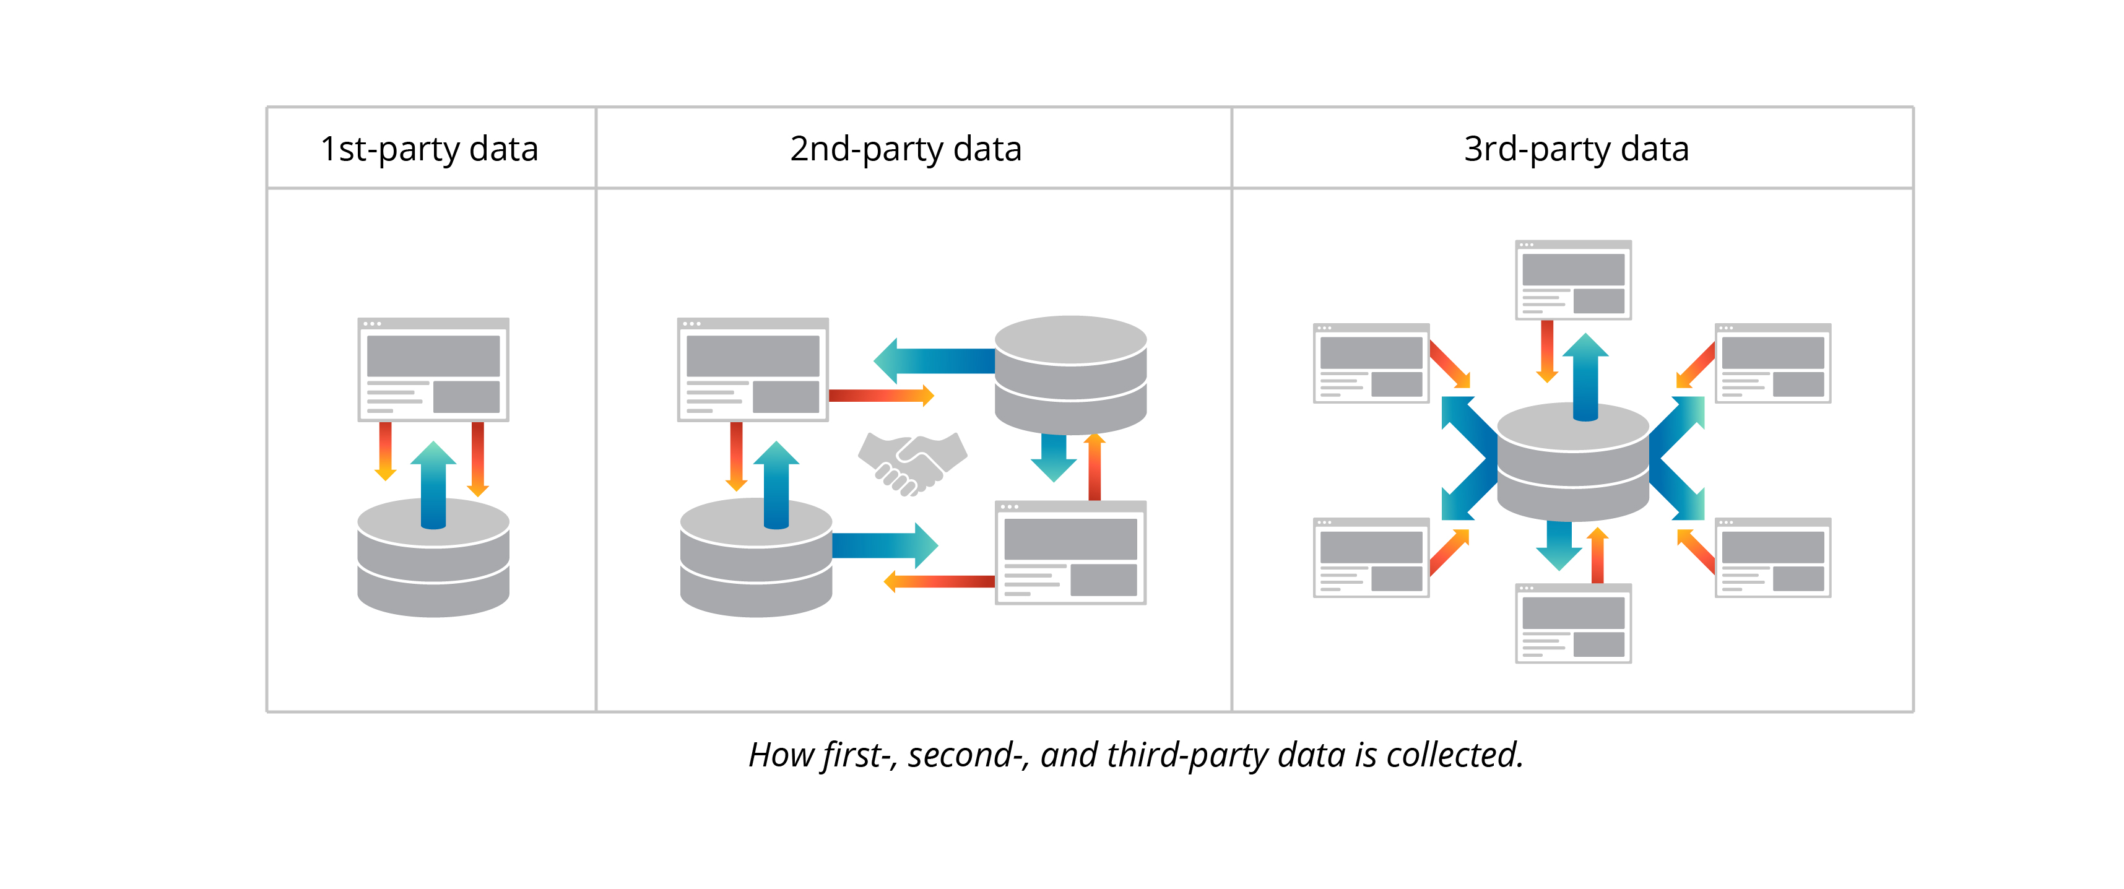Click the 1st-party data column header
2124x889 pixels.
point(429,149)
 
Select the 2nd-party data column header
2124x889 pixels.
point(905,149)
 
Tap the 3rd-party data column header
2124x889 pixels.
point(1576,149)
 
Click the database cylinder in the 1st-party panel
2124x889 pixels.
point(433,569)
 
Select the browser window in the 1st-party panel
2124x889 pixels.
point(433,370)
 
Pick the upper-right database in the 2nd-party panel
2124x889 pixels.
point(1070,375)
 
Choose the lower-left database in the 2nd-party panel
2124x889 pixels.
point(755,569)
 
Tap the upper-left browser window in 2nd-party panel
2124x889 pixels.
point(752,370)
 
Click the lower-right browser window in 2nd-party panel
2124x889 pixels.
point(1070,553)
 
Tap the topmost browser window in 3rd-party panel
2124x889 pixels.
point(1572,280)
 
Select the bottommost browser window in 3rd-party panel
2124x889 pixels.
point(1572,623)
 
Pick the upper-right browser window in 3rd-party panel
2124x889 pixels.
point(1773,363)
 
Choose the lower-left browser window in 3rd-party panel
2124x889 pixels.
point(1371,557)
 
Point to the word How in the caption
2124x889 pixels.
point(781,755)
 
